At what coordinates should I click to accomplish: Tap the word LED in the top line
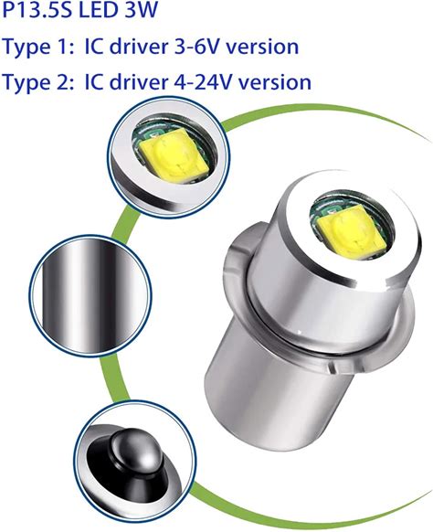100,9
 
